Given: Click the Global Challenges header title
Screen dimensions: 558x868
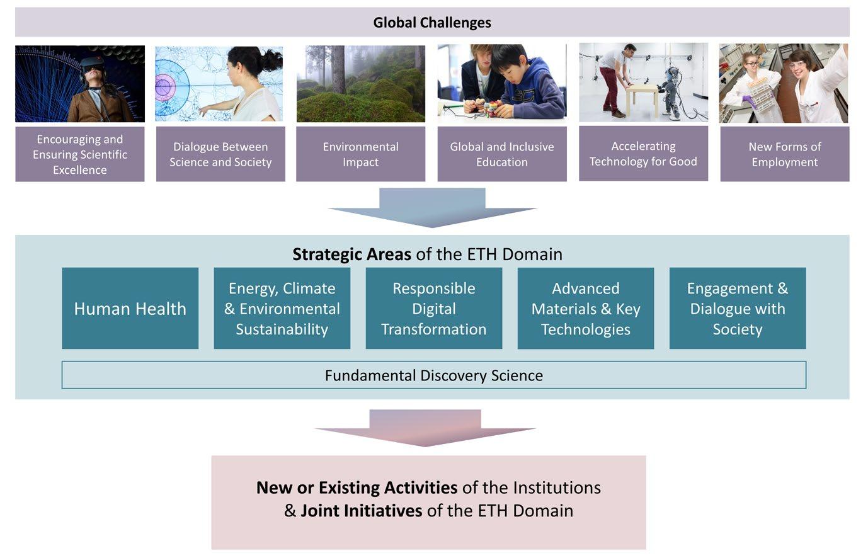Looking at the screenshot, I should [x=432, y=23].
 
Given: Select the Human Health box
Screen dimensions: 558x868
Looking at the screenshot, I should [x=130, y=309].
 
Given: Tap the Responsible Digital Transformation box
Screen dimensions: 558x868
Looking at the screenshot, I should [x=433, y=309].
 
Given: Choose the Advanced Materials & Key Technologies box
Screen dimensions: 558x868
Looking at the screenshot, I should [x=585, y=309].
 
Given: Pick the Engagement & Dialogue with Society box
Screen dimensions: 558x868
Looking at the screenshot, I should [x=737, y=309].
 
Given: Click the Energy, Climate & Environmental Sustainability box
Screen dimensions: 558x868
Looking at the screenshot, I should [x=282, y=309].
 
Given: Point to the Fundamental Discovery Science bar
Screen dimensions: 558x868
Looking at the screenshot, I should [x=433, y=375].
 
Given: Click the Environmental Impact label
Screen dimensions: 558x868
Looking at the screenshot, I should [x=360, y=154].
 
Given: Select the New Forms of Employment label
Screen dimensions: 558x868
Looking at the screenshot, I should [x=784, y=154].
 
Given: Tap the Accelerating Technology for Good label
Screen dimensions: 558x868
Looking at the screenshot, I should [x=643, y=154].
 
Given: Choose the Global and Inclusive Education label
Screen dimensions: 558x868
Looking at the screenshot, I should [x=501, y=154].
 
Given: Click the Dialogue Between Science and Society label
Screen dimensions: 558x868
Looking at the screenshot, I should [x=220, y=154].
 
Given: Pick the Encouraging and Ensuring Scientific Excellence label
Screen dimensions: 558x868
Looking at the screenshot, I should [x=80, y=154].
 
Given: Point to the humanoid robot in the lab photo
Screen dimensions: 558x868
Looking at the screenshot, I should [x=673, y=91].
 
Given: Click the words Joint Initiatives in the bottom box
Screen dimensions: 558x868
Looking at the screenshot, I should [x=361, y=510].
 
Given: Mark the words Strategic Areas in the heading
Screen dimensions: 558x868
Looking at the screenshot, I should [x=351, y=254].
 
